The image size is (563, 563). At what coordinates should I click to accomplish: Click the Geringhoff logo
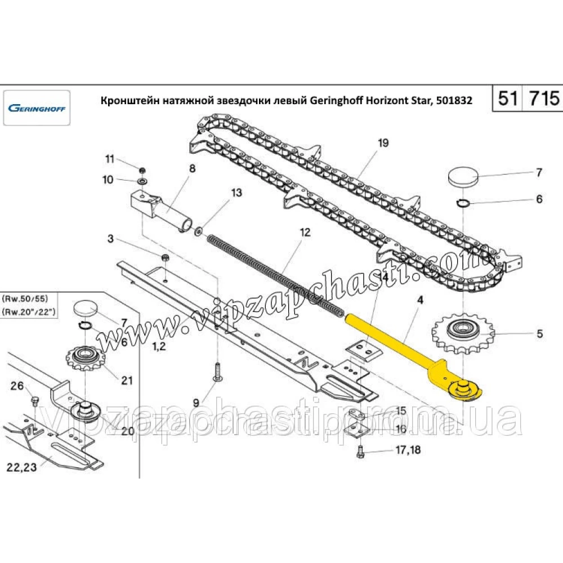[x=36, y=108]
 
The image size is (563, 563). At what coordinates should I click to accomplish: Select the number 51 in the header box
[x=507, y=99]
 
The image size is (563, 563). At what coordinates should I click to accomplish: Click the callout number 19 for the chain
[x=383, y=144]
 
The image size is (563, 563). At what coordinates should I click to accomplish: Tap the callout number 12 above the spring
[x=305, y=232]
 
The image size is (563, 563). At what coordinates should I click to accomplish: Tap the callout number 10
[x=108, y=180]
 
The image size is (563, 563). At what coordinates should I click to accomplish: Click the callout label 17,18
[x=409, y=450]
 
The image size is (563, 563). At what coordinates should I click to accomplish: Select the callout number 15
[x=400, y=411]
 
